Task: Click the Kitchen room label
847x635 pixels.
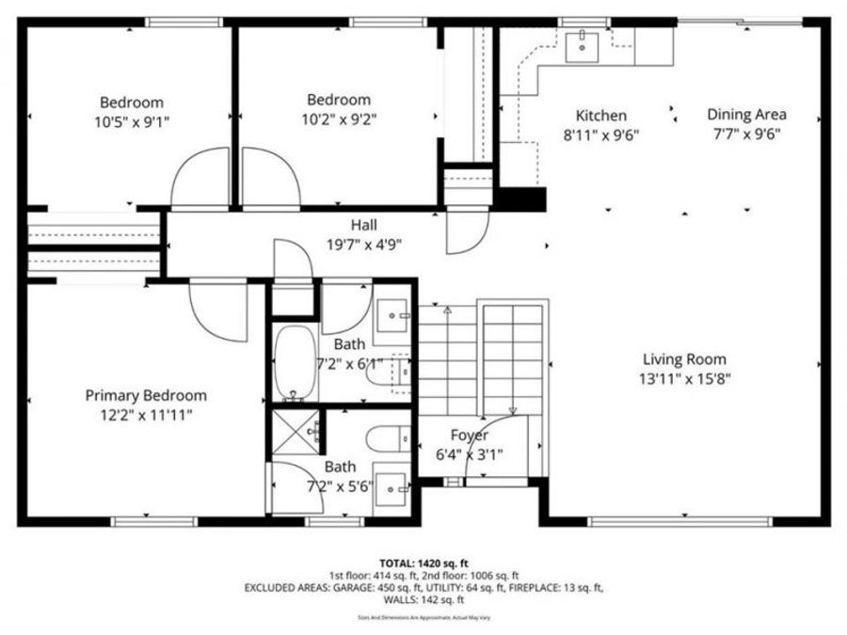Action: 601,116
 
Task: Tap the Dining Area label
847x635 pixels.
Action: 746,115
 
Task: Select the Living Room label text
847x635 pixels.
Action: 684,359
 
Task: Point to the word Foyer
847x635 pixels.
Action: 469,436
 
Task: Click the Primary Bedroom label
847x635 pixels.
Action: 146,395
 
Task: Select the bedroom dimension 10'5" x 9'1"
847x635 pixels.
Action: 132,121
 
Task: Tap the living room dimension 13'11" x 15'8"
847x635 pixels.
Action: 684,378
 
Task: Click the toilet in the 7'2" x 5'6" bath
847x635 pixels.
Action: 387,437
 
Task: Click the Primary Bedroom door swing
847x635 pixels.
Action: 218,311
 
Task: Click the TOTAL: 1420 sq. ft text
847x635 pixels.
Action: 423,562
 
